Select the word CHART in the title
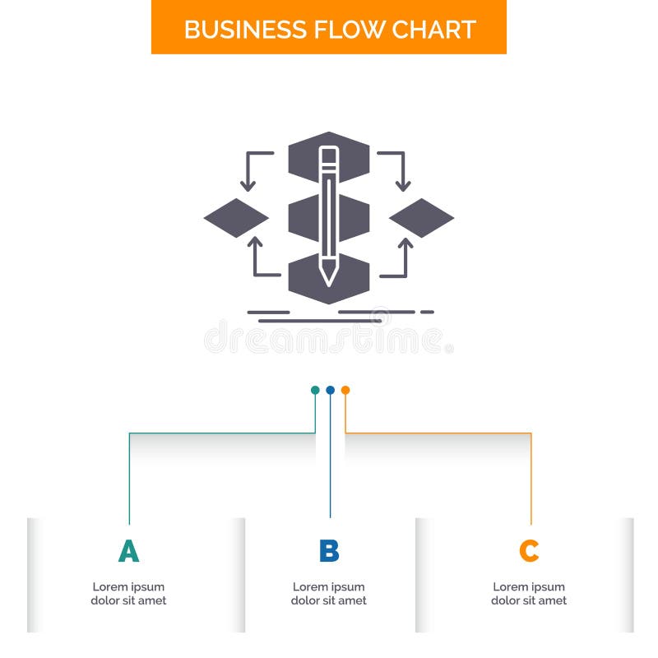point(433,29)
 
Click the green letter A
point(128,551)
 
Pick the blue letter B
point(329,551)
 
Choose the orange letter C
point(529,551)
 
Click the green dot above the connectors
point(315,390)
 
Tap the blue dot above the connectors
point(330,390)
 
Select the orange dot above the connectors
point(345,390)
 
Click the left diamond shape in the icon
point(236,218)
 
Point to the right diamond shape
point(421,218)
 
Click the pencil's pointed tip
point(329,278)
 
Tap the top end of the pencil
point(329,152)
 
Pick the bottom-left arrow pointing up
point(255,245)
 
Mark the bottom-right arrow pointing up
point(405,245)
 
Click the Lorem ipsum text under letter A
point(128,594)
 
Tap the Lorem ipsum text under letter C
point(529,594)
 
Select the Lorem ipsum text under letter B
point(329,594)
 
